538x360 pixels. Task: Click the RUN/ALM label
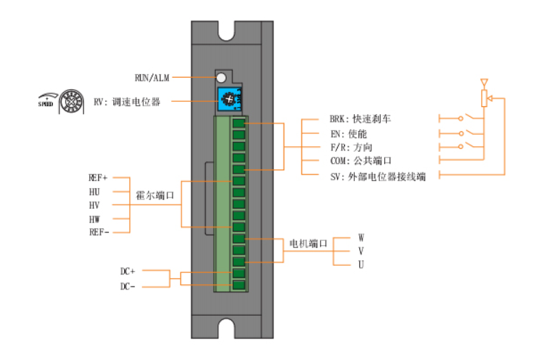[x=152, y=76]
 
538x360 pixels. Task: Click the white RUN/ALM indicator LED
[x=221, y=76]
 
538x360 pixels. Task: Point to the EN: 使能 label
[x=348, y=133]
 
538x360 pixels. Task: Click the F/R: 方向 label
[x=351, y=148]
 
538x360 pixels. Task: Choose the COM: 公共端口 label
[x=361, y=162]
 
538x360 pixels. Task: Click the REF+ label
[x=98, y=178]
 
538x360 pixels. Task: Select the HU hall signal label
[x=94, y=191]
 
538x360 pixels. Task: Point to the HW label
[x=94, y=218]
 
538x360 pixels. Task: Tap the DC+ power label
[x=127, y=272]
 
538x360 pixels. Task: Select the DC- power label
[x=127, y=286]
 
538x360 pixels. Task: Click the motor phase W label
[x=361, y=237]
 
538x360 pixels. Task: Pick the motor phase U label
[x=361, y=264]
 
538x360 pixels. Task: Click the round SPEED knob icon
[x=71, y=102]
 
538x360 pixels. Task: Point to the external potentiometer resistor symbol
[x=485, y=98]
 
